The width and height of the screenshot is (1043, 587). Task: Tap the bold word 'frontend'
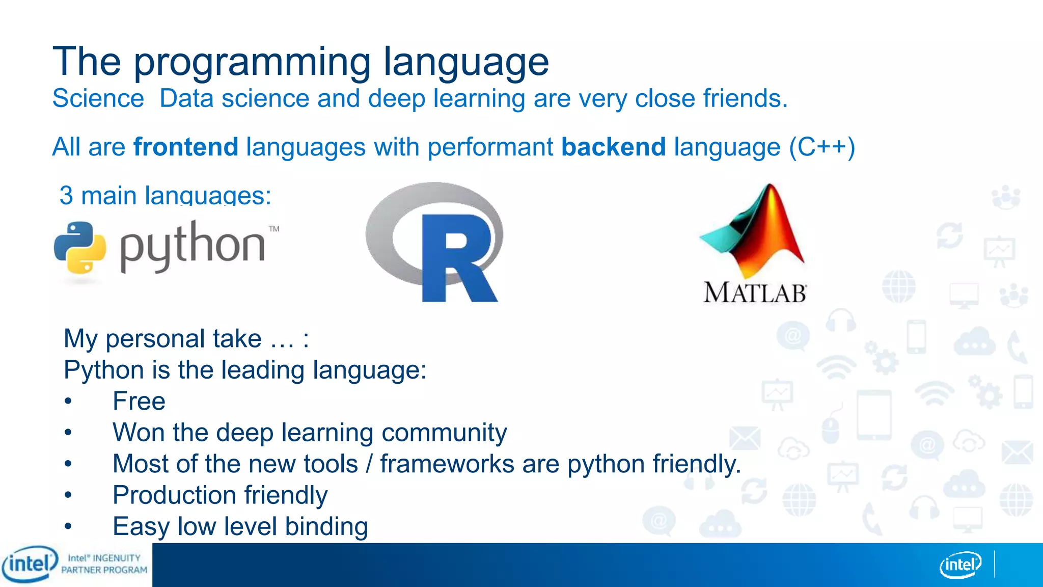pos(186,147)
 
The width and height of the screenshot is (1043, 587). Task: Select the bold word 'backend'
pos(613,147)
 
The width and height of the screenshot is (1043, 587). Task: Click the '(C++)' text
pos(821,147)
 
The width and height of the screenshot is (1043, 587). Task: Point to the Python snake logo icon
pos(80,248)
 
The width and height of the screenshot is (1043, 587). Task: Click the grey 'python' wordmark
pos(193,247)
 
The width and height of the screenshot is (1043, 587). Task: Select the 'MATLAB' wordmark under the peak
pos(754,293)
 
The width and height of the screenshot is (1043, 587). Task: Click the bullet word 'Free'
pos(139,401)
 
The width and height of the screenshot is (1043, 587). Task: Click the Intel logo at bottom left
pos(30,564)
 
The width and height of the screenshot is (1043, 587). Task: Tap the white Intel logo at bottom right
pos(960,565)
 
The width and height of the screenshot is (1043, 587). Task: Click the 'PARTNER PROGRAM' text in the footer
pos(104,570)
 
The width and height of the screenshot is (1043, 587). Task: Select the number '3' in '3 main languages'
pos(66,196)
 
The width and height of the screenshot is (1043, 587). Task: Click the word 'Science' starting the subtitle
pos(98,98)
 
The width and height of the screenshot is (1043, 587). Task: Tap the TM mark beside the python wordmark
pos(274,229)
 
